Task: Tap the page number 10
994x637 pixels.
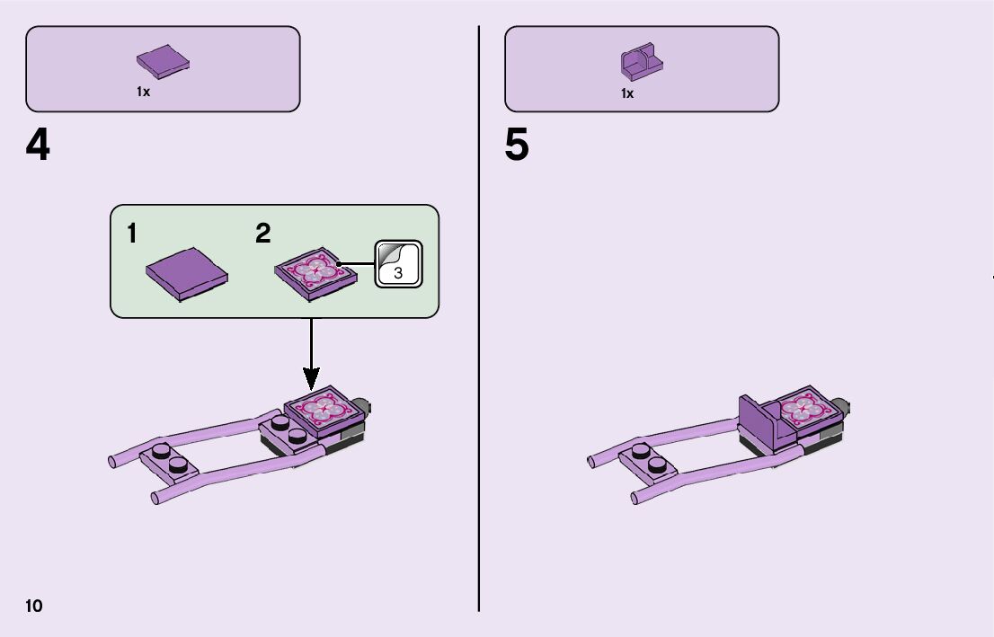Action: click(34, 606)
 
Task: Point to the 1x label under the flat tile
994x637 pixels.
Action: click(144, 93)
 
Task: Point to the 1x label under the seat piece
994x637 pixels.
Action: click(627, 93)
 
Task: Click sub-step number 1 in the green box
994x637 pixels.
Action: click(132, 234)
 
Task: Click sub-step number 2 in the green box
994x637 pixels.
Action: click(262, 234)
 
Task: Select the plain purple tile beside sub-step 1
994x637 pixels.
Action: click(186, 275)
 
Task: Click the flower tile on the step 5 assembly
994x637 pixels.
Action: click(804, 407)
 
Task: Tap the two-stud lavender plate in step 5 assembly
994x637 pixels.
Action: click(650, 461)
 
